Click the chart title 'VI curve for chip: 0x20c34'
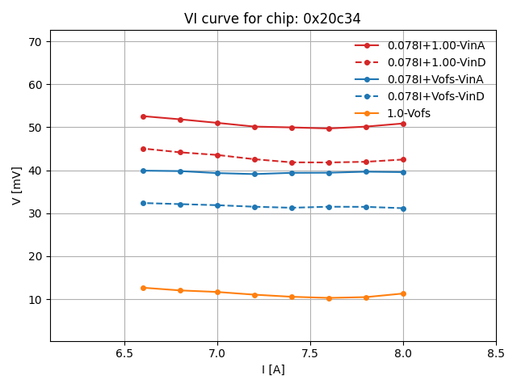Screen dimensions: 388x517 coord(272,19)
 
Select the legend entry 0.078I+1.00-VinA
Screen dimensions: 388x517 coord(435,45)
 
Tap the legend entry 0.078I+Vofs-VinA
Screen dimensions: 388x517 coord(435,79)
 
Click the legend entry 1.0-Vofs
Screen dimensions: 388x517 coord(409,113)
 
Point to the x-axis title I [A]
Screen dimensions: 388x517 coord(272,369)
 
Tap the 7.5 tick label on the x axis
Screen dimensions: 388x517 coord(310,353)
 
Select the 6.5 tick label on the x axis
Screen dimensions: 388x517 coord(124,353)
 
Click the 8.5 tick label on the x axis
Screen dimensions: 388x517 coord(496,353)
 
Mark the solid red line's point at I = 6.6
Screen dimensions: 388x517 coord(143,116)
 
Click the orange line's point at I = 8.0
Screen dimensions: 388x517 coord(403,293)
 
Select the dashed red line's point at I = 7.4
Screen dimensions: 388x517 coord(292,162)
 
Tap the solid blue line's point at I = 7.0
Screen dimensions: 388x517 coord(217,173)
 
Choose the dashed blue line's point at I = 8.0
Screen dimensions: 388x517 coord(403,209)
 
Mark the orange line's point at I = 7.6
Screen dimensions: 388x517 coord(329,298)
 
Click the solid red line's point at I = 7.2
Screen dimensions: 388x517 coord(254,127)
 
